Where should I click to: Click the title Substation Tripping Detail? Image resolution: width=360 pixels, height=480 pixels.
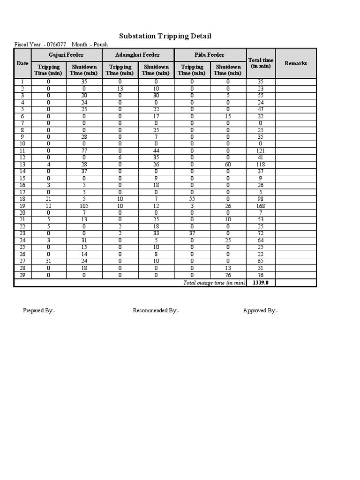click(x=165, y=36)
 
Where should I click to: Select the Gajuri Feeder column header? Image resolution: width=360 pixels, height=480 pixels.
click(x=66, y=55)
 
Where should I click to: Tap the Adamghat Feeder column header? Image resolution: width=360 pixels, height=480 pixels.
click(x=137, y=55)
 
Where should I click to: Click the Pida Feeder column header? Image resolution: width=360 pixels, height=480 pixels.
click(x=210, y=55)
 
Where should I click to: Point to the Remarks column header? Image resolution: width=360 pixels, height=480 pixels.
click(x=296, y=63)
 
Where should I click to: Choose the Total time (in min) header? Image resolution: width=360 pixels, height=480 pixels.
click(x=261, y=63)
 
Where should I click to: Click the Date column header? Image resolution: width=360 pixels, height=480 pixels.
click(x=22, y=63)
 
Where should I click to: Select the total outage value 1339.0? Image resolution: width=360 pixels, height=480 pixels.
click(x=261, y=283)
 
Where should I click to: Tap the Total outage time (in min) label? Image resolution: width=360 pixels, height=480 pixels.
click(x=214, y=283)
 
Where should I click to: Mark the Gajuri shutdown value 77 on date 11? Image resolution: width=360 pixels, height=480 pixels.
click(x=84, y=151)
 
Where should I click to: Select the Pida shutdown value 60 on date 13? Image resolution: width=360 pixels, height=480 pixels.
click(x=228, y=165)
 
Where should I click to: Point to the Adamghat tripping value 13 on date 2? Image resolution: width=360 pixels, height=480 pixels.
click(x=120, y=88)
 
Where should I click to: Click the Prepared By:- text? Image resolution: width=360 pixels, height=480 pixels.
click(x=39, y=310)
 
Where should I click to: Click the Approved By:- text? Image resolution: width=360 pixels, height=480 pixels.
click(x=260, y=310)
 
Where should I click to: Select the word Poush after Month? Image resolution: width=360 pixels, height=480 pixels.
click(x=100, y=45)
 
